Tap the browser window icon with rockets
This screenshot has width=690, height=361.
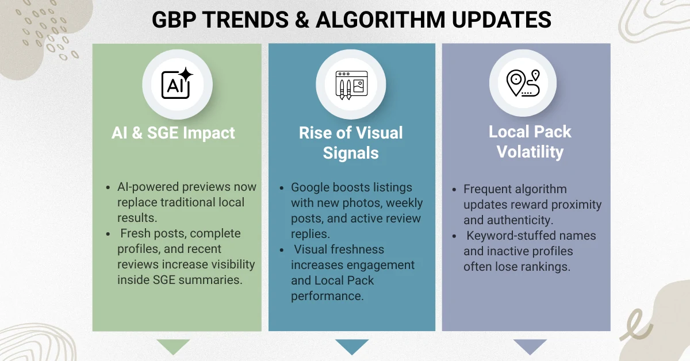[351, 85]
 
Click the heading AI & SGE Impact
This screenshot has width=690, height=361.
[173, 133]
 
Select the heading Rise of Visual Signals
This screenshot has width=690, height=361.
[351, 143]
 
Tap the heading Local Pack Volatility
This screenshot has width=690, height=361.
[530, 141]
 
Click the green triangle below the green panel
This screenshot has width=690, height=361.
[173, 346]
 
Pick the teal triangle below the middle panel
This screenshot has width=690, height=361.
[352, 346]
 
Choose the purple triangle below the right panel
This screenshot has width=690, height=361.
[530, 346]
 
